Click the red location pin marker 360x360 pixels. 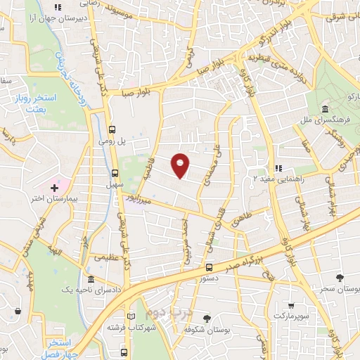181,165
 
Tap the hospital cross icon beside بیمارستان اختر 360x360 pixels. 55,188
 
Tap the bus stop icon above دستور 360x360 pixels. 209,267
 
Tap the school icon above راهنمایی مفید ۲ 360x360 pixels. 278,168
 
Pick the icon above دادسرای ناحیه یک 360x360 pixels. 90,279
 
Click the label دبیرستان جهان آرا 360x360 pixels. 63,19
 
